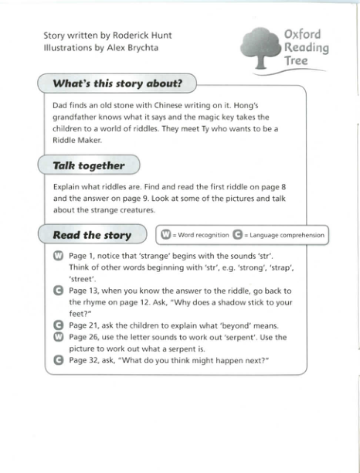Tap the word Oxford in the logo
click(302, 35)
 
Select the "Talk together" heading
click(88, 165)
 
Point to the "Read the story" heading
click(92, 235)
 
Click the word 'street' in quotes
click(83, 279)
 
